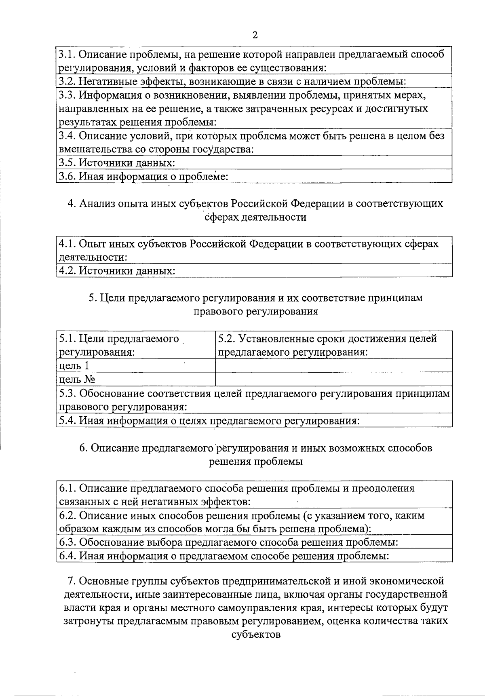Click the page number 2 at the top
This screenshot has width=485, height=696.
[x=255, y=35]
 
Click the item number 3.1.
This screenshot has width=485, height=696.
[x=67, y=54]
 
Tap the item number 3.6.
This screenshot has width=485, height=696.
[x=67, y=176]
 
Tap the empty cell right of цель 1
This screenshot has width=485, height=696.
[x=333, y=366]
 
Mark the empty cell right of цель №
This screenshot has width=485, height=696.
[x=333, y=380]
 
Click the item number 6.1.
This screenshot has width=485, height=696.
[x=67, y=488]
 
